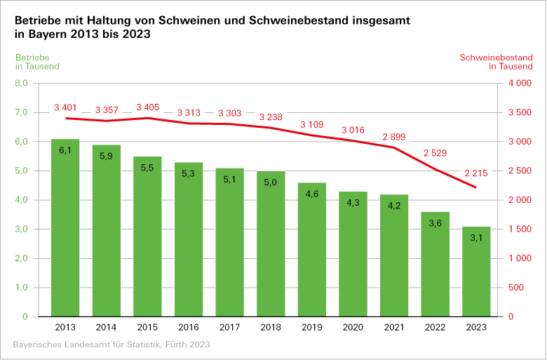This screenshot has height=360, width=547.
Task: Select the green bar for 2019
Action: [312, 250]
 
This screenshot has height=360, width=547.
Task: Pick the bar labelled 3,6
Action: [435, 264]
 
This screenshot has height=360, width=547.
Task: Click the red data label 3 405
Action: [148, 107]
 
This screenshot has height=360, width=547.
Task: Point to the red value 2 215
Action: [476, 173]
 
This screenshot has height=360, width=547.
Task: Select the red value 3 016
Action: [353, 130]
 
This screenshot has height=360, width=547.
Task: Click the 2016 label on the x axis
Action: [189, 328]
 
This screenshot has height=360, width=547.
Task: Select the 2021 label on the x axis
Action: [394, 328]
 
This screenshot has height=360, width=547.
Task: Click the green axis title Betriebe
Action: [32, 57]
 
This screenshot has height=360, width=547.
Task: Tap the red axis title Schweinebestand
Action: [496, 57]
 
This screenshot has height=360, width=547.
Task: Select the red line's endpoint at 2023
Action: [476, 187]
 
